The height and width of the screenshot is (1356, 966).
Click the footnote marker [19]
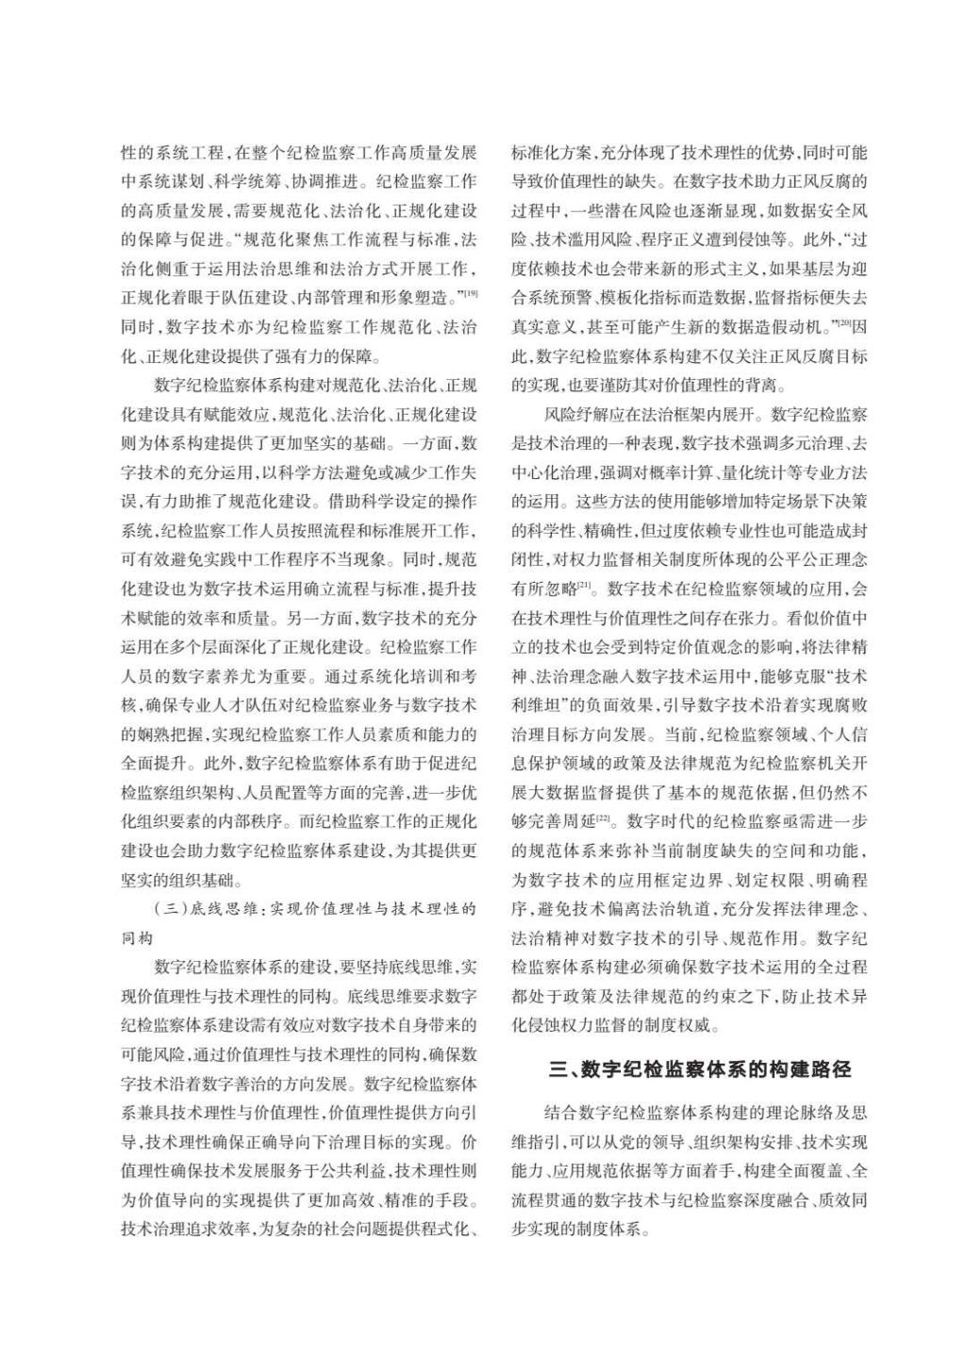point(471,294)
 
